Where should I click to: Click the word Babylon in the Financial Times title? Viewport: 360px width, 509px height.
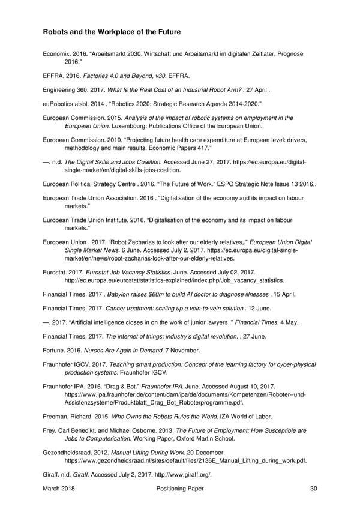coord(120,294)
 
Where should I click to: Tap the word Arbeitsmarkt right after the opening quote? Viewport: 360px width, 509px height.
coord(120,54)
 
